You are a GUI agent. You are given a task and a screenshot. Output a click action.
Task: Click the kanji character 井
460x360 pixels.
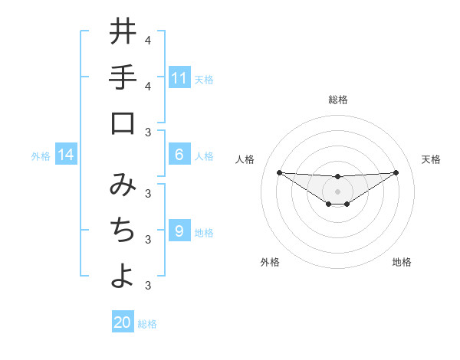point(123,31)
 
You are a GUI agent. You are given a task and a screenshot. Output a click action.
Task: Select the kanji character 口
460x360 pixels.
point(123,123)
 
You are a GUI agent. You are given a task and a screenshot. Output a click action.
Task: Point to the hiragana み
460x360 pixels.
point(123,184)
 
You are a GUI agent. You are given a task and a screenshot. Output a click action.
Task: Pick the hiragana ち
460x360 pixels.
point(123,231)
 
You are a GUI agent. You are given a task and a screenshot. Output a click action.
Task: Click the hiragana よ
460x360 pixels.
point(123,277)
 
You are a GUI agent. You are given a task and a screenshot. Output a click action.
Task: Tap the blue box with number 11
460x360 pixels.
point(179,78)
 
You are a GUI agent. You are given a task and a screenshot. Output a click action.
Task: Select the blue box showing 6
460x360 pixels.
point(179,155)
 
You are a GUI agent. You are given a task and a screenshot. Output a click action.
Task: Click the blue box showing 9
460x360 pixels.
point(179,231)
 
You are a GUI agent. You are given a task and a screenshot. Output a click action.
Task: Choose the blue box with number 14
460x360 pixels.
point(66,155)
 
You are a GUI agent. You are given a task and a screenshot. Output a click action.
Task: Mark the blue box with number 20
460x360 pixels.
point(123,322)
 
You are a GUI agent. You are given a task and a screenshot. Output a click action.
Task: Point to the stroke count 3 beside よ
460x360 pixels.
point(147,286)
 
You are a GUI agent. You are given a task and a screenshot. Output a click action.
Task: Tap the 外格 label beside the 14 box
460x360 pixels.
point(41,156)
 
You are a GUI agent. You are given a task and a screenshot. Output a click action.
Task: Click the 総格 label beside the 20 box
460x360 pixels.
point(148,324)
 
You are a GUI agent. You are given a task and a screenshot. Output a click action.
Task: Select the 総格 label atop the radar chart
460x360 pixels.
point(337,100)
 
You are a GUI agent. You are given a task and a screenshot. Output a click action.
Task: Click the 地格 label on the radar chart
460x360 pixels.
point(402,262)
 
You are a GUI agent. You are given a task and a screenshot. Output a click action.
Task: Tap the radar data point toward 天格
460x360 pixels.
point(396,172)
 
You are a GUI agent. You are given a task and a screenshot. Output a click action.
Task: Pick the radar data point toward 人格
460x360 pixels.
point(279,172)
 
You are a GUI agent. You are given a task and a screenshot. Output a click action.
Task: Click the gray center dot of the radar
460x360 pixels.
point(337,191)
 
